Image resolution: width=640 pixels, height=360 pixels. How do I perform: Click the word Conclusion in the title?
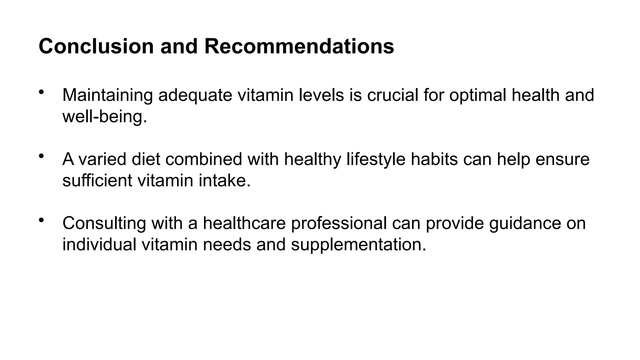[x=96, y=46]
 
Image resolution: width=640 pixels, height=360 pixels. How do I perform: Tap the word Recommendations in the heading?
[x=299, y=46]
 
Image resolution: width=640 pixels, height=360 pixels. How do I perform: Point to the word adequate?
[x=195, y=95]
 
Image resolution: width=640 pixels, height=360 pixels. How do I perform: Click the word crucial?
[x=392, y=95]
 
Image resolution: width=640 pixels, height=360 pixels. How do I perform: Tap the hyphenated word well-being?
[x=105, y=117]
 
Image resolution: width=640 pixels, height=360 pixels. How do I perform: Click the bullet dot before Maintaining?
[x=41, y=92]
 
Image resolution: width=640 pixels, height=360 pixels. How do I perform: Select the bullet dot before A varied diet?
[x=41, y=156]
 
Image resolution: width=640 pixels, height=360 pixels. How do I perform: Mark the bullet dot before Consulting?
[x=41, y=220]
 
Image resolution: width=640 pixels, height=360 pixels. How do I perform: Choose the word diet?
[x=146, y=159]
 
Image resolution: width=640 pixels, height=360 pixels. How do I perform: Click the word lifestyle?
[x=376, y=159]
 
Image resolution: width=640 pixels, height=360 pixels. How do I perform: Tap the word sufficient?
[x=97, y=180]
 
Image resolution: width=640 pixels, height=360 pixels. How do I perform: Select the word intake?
[x=224, y=180]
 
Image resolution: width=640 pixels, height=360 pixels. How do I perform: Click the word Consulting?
[x=104, y=223]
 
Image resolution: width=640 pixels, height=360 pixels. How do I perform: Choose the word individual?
[x=99, y=244]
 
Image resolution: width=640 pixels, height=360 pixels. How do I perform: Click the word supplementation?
[x=358, y=245]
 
